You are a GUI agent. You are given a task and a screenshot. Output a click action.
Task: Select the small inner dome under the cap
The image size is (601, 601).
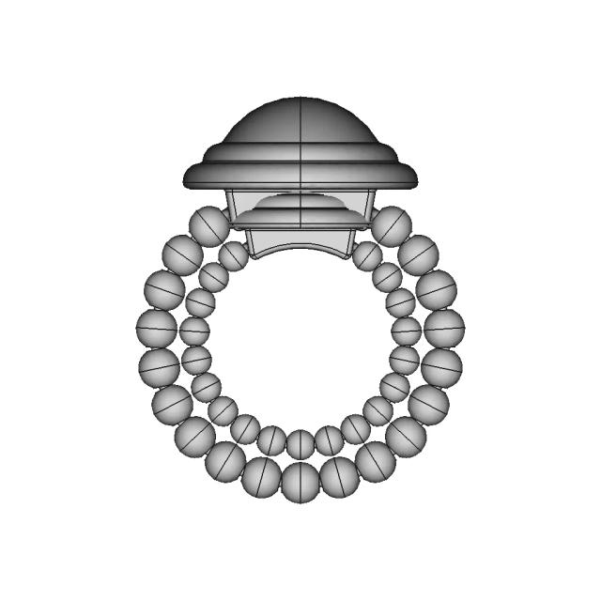300,201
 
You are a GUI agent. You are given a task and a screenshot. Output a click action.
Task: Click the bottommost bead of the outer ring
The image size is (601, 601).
300,482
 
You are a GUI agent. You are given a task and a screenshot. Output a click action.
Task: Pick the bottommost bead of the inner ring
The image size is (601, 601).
300,443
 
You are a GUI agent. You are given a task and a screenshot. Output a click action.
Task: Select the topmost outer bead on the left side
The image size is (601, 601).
208,226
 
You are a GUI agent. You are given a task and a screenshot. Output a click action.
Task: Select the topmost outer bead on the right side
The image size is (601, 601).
391,226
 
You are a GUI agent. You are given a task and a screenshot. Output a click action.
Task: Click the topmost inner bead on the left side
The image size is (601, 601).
234,255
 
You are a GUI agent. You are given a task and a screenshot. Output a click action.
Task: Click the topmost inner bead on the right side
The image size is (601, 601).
367,255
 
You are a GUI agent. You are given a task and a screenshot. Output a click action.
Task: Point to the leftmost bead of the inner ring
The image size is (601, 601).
194,331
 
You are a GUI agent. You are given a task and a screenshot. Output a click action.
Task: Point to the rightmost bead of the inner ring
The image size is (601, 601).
407,331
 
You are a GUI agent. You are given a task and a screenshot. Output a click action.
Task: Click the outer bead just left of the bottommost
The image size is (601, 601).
261,476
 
